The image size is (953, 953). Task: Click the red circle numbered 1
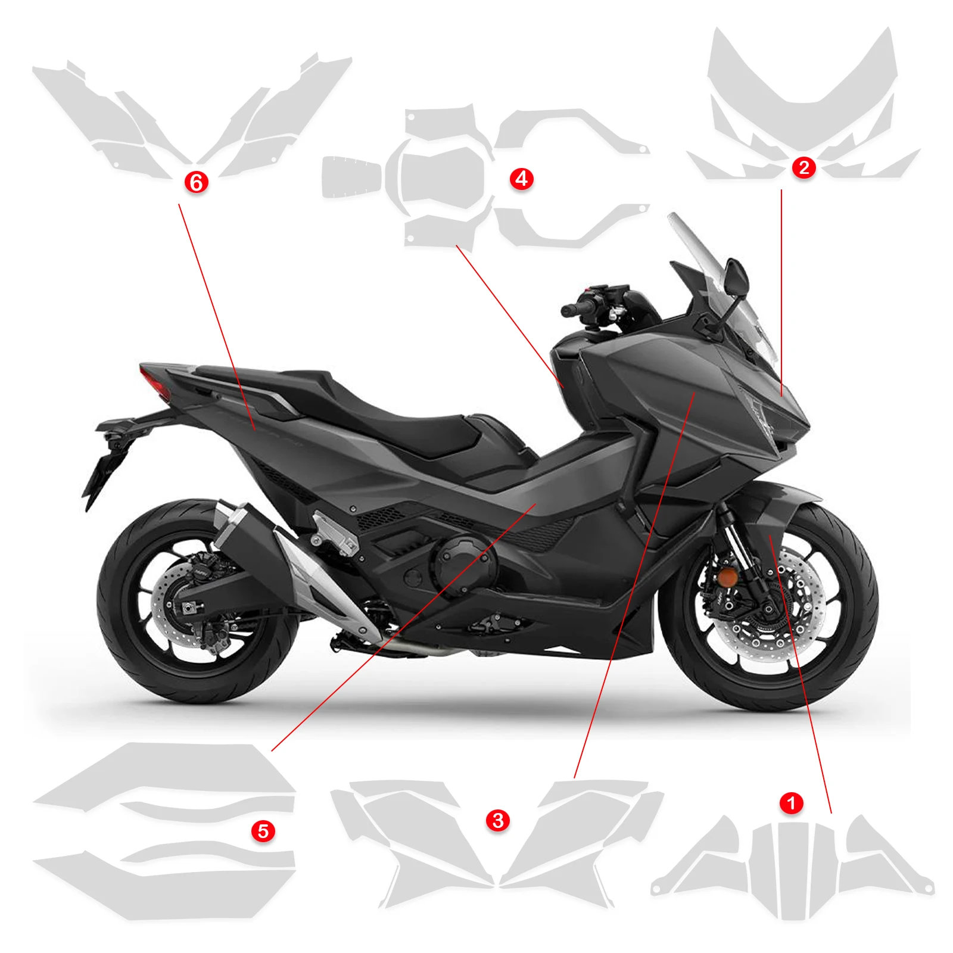[x=791, y=803]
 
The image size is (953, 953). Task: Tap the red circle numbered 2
[x=803, y=167]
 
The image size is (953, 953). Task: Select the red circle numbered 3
[x=498, y=820]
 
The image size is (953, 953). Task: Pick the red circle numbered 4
[x=522, y=178]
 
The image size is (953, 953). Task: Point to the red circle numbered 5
[x=263, y=831]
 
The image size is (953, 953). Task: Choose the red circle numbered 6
[x=196, y=182]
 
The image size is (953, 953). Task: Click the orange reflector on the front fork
[x=727, y=577]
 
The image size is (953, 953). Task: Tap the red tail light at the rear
[x=154, y=381]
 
